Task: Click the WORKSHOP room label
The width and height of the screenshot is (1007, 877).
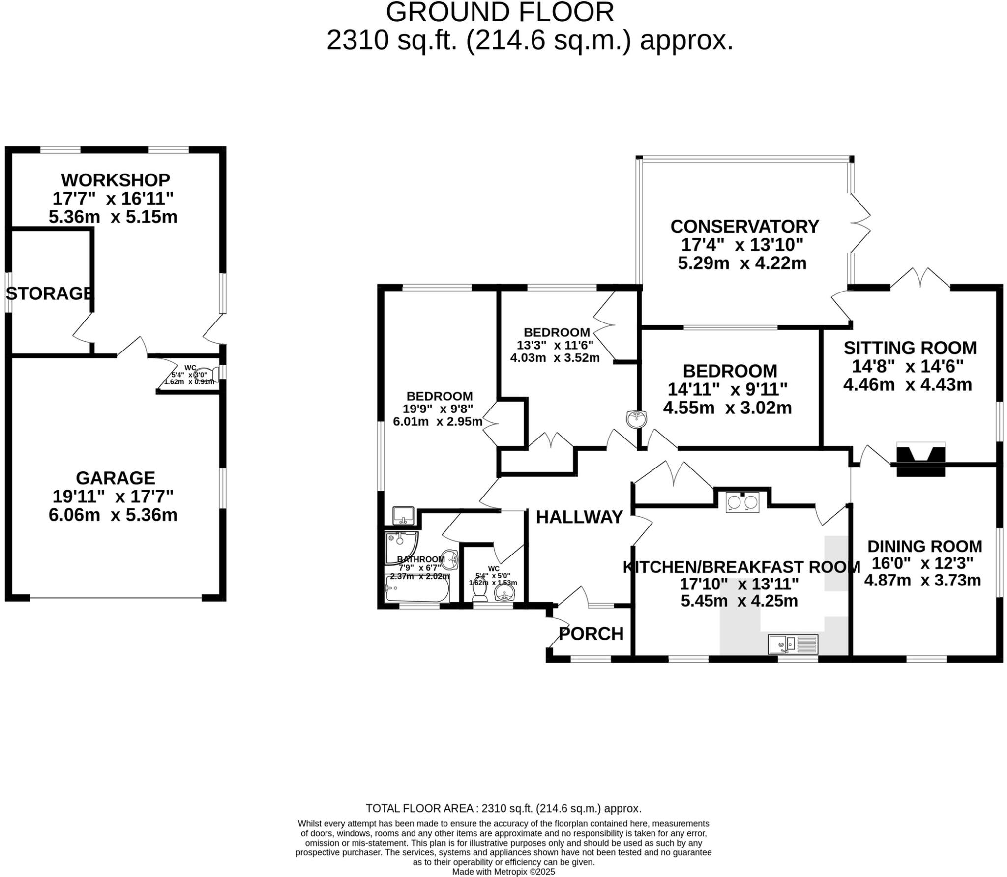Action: (x=116, y=179)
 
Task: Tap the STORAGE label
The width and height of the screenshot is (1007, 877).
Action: (x=49, y=293)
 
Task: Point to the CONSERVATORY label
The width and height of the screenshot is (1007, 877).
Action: (x=744, y=226)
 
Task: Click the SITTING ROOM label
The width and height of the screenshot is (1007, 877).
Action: (x=910, y=348)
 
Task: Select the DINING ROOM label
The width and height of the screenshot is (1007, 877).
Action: (x=924, y=546)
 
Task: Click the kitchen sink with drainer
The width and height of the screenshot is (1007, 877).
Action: (x=793, y=644)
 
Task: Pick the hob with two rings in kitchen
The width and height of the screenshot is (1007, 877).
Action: (x=742, y=502)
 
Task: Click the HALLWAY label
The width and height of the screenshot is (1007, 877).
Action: (x=579, y=517)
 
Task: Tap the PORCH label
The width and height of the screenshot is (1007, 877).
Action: (x=591, y=634)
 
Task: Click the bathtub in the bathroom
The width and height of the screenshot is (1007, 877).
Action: (x=416, y=589)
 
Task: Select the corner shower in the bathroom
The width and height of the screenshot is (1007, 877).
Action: (x=400, y=545)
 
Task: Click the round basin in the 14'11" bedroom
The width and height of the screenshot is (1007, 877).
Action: (x=637, y=419)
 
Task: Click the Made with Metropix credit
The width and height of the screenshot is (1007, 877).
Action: (x=503, y=872)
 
